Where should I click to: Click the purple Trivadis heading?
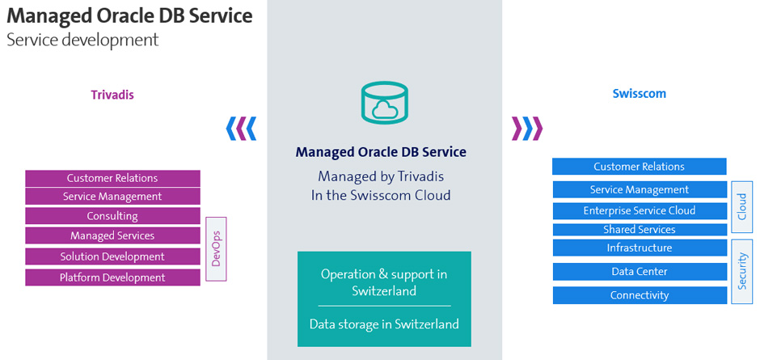pyautogui.click(x=112, y=95)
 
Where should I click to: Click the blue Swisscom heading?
pyautogui.click(x=640, y=93)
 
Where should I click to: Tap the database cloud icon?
pyautogui.click(x=384, y=103)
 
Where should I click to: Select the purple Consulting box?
pyautogui.click(x=112, y=216)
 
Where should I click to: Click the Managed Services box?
pyautogui.click(x=112, y=235)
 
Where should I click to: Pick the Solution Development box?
pyautogui.click(x=112, y=256)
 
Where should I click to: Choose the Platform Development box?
pyautogui.click(x=112, y=277)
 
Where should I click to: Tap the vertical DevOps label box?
pyautogui.click(x=216, y=249)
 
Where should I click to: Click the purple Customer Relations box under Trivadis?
pyautogui.click(x=112, y=178)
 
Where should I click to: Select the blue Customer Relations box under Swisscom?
pyautogui.click(x=640, y=167)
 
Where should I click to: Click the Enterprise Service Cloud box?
pyautogui.click(x=640, y=210)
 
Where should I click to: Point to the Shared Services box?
pyautogui.click(x=640, y=230)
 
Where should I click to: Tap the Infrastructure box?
pyautogui.click(x=640, y=248)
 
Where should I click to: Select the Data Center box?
pyautogui.click(x=640, y=272)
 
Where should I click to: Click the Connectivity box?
pyautogui.click(x=640, y=295)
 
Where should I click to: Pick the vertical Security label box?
pyautogui.click(x=742, y=272)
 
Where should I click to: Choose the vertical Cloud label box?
pyautogui.click(x=742, y=207)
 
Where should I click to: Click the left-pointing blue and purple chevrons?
pyautogui.click(x=242, y=128)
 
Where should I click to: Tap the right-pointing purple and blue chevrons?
pyautogui.click(x=527, y=128)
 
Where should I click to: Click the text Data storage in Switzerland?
pyautogui.click(x=384, y=324)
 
